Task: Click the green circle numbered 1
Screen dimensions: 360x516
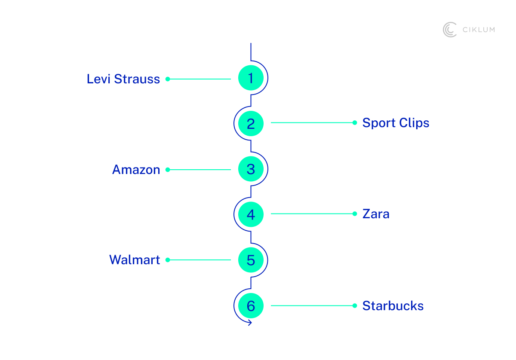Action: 251,78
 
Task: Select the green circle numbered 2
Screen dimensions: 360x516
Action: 251,124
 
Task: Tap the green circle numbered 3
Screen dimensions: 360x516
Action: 251,169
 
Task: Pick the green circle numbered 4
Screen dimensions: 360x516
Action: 251,214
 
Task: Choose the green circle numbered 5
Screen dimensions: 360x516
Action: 251,260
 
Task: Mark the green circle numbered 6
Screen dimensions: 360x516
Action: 251,306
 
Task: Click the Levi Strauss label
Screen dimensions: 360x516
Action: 123,79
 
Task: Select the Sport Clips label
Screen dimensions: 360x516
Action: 396,123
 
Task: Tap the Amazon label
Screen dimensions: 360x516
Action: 136,170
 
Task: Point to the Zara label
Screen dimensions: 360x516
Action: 376,214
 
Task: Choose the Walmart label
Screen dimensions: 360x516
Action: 135,260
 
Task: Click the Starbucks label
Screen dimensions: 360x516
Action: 393,306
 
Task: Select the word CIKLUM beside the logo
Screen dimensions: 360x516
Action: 478,30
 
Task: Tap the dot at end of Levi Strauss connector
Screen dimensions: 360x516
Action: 168,79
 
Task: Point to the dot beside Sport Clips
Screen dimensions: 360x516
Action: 355,122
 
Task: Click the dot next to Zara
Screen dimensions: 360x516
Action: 355,214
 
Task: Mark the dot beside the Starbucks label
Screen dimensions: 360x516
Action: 355,306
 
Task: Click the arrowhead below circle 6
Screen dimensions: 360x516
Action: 250,323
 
